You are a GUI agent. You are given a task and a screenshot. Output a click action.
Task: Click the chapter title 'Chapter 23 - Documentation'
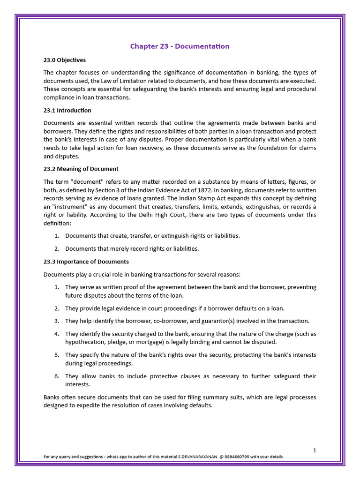180,46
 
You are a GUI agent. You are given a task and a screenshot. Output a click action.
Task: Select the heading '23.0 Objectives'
65,60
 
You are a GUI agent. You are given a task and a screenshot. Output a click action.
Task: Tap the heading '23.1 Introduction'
67,111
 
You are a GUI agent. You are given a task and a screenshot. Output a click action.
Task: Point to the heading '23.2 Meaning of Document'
81,169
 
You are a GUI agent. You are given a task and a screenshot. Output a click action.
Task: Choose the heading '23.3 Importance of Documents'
86,262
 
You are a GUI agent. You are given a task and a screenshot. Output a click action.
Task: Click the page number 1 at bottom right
315,450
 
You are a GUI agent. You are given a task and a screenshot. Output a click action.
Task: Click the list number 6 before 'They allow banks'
56,376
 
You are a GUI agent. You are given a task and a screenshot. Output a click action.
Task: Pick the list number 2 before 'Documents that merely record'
56,249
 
